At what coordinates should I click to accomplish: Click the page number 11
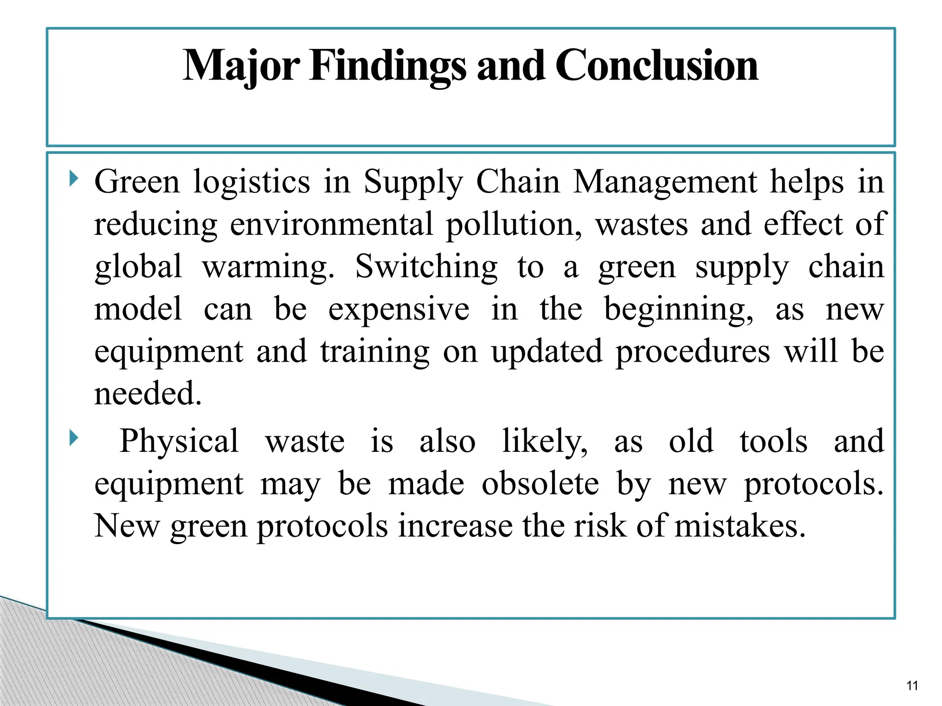pos(912,686)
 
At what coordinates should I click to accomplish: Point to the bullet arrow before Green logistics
pos(73,178)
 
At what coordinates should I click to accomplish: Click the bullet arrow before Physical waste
pos(73,438)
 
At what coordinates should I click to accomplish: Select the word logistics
pos(252,182)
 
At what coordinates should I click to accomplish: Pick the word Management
pos(665,182)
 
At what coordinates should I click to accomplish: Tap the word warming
pos(268,267)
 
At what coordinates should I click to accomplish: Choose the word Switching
pos(426,267)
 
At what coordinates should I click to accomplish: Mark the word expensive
pos(399,309)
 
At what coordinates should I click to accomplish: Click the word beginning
pos(678,309)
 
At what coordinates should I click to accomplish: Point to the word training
pos(375,352)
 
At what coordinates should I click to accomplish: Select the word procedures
pos(692,352)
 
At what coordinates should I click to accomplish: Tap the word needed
pos(148,394)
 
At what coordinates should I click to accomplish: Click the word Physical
pos(179,441)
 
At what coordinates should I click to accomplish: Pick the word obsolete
pos(540,484)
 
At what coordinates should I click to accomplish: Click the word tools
pos(773,441)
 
